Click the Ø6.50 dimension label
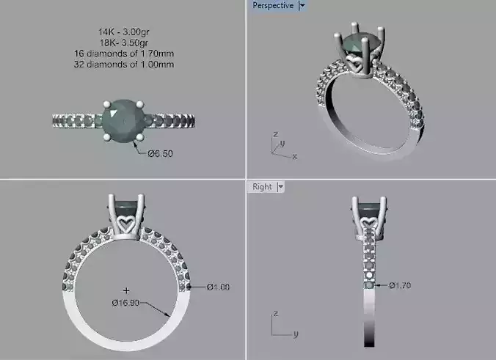click(160, 154)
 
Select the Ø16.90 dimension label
click(125, 302)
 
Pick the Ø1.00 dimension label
click(218, 287)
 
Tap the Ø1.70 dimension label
click(401, 284)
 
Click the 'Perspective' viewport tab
click(272, 6)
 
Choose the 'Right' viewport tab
click(262, 187)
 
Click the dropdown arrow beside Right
click(281, 187)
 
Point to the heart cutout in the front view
click(127, 220)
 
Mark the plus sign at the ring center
click(126, 290)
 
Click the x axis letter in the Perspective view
click(294, 156)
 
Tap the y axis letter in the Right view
click(294, 334)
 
